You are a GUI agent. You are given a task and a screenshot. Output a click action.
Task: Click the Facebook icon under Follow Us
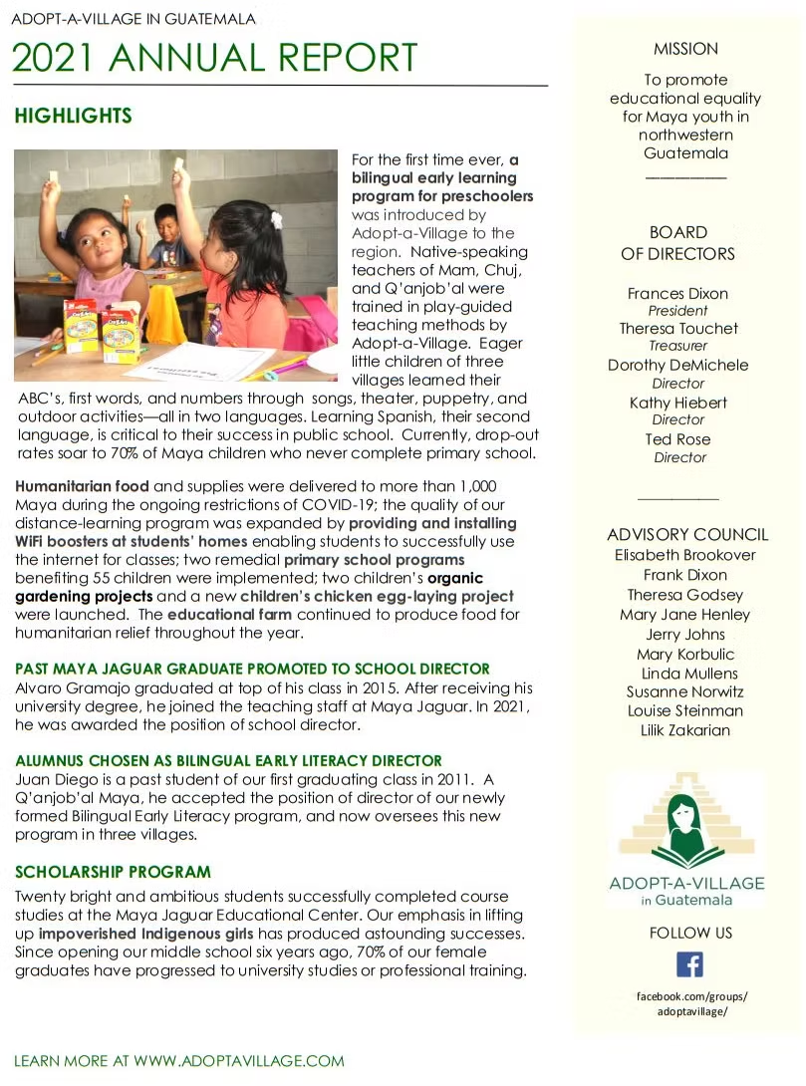689,964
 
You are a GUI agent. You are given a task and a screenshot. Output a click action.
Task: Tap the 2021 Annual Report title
214,57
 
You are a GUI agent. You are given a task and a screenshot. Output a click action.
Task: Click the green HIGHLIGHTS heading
73,117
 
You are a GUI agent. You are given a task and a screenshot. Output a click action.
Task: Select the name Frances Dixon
677,293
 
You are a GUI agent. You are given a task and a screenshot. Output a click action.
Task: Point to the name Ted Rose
677,439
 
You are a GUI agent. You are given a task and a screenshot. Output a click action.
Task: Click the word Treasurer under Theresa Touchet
677,346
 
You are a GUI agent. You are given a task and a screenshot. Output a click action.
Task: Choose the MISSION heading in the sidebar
685,49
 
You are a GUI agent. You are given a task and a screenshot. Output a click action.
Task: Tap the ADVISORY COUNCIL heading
687,534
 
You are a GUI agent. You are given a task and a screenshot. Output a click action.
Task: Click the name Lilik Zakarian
685,730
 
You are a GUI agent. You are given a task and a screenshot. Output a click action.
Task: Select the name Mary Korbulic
685,655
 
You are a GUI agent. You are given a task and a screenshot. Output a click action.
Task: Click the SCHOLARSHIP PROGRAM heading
113,872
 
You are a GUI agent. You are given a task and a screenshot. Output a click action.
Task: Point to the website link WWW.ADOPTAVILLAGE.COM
239,1061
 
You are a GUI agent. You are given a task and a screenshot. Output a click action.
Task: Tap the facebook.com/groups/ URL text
691,996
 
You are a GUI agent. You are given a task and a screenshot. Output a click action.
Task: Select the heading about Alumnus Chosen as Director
228,760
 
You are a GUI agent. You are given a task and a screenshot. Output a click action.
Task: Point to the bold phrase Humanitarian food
82,486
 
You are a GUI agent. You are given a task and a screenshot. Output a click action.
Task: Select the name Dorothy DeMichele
677,365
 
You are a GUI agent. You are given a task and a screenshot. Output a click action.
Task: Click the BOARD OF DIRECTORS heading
677,243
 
